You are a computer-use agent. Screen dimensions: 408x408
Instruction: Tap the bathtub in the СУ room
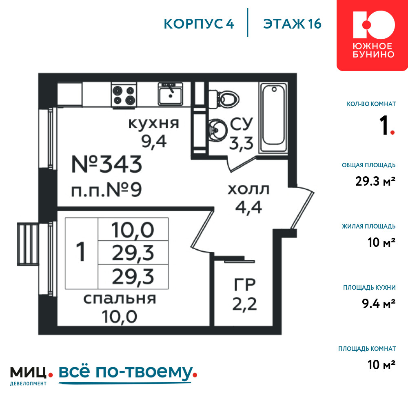[x=273, y=118]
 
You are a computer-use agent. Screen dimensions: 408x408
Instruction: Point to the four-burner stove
[x=124, y=95]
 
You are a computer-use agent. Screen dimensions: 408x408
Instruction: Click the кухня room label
[x=154, y=124]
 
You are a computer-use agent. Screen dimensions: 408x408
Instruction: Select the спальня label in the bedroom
[x=120, y=299]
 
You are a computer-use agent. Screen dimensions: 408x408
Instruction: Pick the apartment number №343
[x=107, y=164]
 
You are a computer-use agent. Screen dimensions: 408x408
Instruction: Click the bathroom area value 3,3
[x=241, y=143]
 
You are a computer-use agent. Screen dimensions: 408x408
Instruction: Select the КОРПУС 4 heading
[x=199, y=24]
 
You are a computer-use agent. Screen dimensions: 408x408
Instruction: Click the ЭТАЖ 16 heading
[x=292, y=24]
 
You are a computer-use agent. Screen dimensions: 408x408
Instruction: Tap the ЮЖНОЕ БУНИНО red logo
[x=373, y=35]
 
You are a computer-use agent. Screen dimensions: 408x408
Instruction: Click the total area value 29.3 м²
[x=375, y=181]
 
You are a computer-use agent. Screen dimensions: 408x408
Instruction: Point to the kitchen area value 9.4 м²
[x=379, y=304]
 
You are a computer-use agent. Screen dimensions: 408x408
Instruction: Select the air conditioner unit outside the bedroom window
[x=28, y=244]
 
